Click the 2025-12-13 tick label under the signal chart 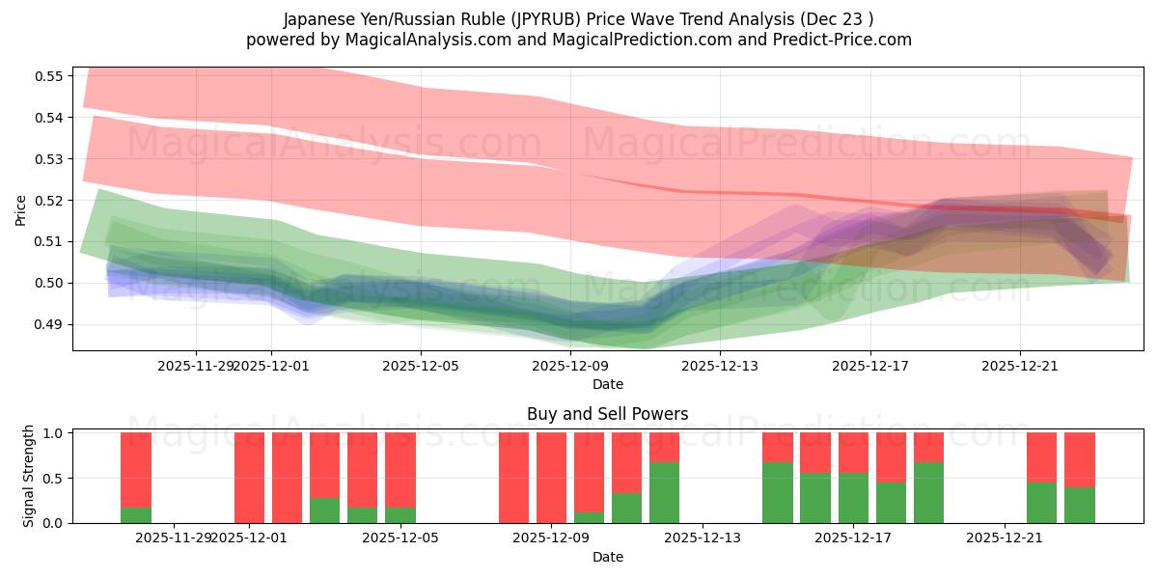(701, 538)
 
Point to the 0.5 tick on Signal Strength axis (53, 478)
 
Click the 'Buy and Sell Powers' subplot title (607, 414)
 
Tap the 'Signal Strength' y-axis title (29, 476)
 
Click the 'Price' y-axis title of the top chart (21, 209)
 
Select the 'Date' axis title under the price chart (607, 384)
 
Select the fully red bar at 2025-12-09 (551, 478)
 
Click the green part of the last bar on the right (1080, 505)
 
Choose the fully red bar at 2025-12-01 (249, 478)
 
